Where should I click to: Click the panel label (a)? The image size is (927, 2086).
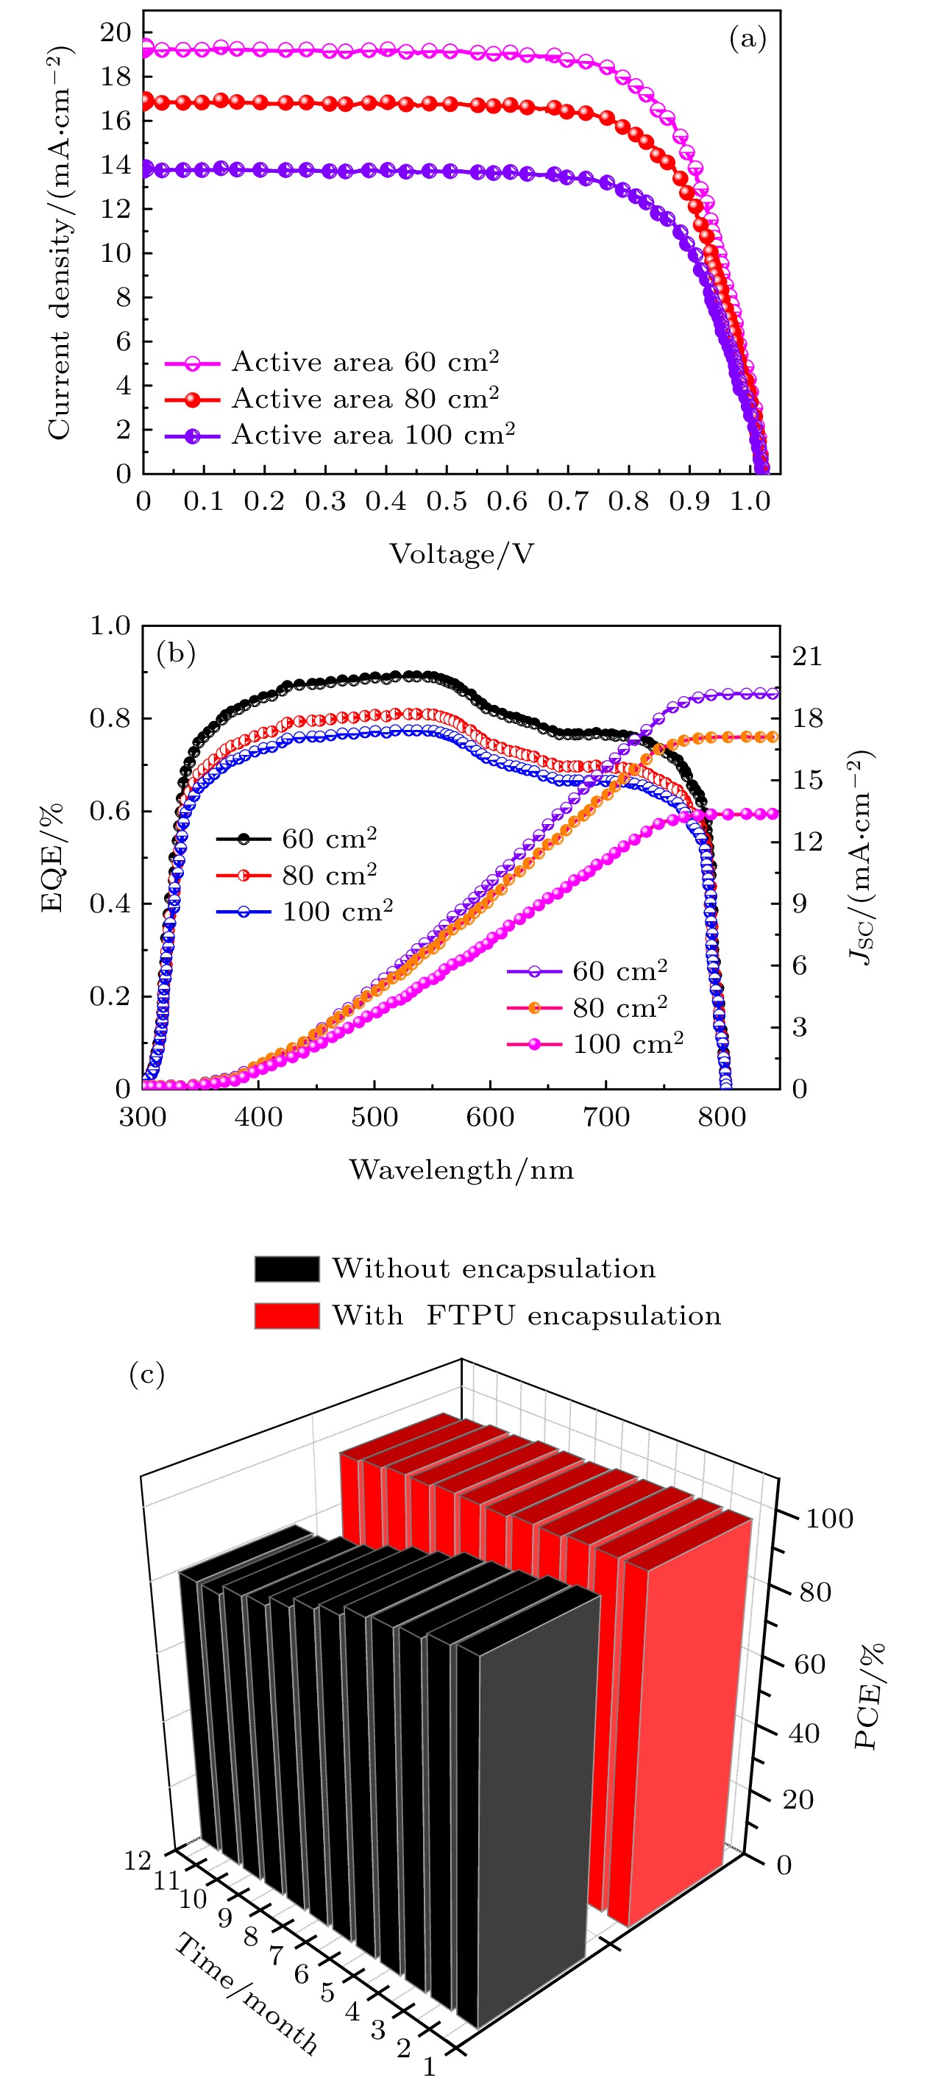pos(747,39)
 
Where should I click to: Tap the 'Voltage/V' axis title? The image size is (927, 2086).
pos(461,554)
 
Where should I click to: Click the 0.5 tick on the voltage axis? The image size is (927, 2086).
pos(446,501)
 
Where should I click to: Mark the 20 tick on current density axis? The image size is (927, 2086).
pos(115,32)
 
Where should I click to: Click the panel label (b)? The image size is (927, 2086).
pos(176,653)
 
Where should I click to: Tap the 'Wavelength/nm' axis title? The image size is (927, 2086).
pos(461,1170)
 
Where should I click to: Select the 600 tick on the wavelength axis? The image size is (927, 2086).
pos(490,1118)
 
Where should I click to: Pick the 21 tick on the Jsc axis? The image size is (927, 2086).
pos(807,656)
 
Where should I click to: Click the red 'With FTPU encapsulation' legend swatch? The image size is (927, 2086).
pos(287,1316)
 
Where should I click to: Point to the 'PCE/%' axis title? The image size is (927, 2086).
pos(870,1696)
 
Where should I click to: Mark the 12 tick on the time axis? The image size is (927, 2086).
pos(138,1861)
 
